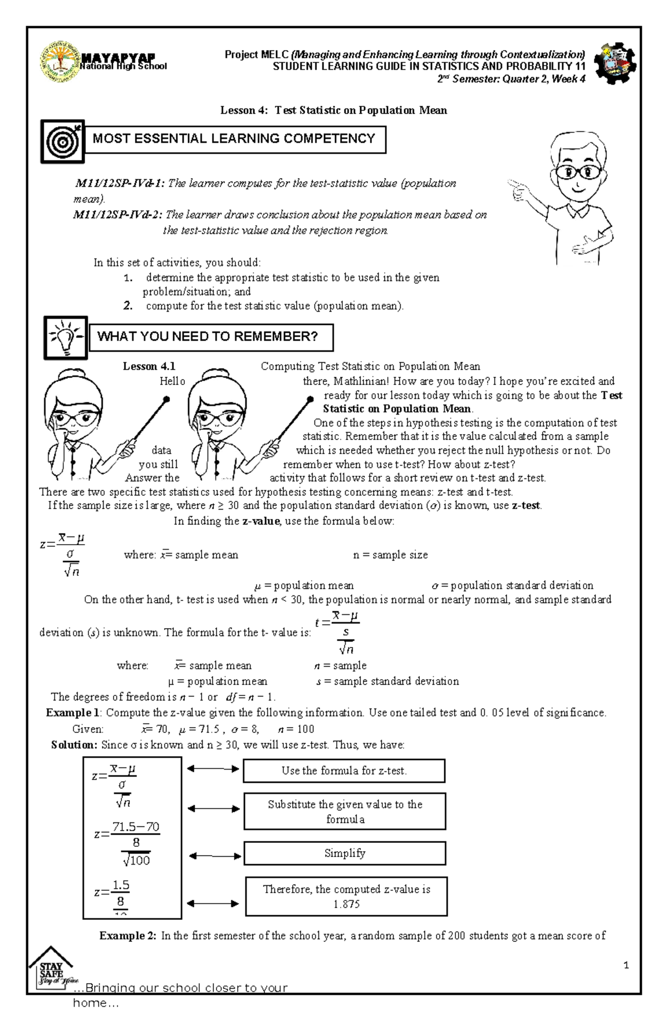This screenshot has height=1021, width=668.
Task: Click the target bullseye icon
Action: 62,141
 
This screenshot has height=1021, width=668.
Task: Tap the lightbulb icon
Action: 66,337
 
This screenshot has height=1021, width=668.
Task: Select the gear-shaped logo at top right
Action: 615,63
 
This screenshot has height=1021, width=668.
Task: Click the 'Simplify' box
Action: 345,853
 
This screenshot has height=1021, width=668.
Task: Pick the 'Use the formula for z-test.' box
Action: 344,771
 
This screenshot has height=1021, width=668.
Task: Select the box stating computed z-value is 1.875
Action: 346,896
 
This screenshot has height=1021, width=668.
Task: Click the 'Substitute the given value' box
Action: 345,811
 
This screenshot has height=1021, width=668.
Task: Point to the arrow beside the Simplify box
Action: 214,856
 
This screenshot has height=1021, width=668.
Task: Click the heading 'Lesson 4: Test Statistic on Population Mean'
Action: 333,110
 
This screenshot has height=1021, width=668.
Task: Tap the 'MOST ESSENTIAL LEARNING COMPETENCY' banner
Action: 234,139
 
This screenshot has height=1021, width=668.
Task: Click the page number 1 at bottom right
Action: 626,965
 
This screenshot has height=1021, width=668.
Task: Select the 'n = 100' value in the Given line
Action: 296,729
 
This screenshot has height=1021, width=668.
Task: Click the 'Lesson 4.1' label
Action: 149,366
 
